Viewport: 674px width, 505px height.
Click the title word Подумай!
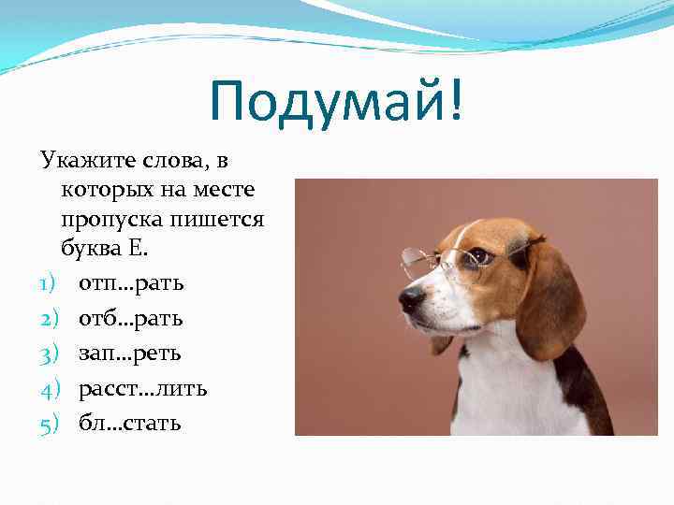tap(336, 101)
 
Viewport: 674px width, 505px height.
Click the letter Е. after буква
tap(142, 250)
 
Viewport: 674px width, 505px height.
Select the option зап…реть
tap(130, 353)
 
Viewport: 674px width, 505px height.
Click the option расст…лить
tap(142, 388)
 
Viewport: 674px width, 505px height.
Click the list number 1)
tap(50, 282)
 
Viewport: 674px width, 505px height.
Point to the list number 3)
tap(50, 353)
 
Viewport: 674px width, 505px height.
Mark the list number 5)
tap(50, 423)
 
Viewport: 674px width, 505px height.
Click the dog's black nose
tap(412, 299)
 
